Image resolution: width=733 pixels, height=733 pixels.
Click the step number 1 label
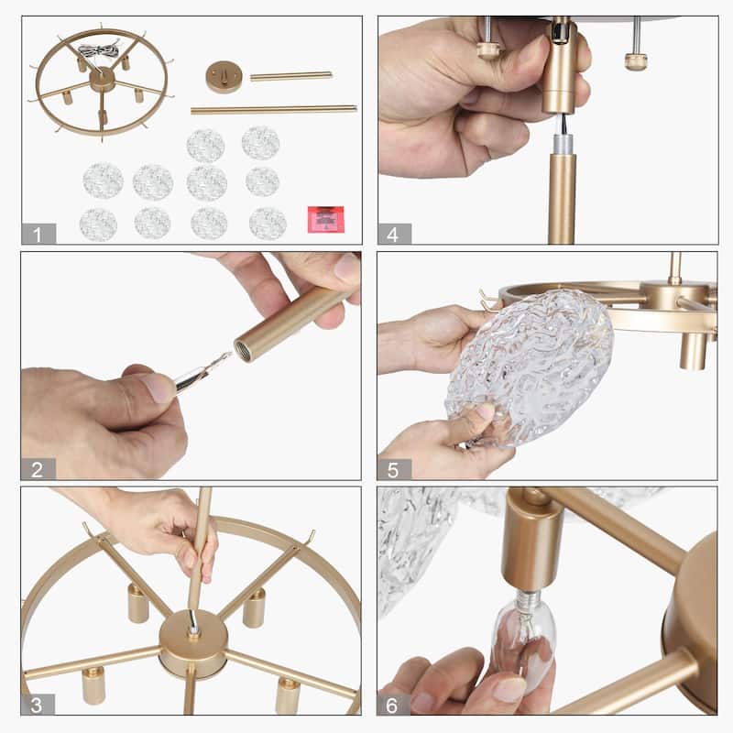pyautogui.click(x=38, y=234)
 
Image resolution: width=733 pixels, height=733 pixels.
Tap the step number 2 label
pyautogui.click(x=38, y=469)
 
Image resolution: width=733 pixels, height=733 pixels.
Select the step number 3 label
pyautogui.click(x=38, y=705)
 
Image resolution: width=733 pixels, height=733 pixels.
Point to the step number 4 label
pyautogui.click(x=394, y=234)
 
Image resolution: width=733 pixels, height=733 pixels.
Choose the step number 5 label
pyautogui.click(x=394, y=470)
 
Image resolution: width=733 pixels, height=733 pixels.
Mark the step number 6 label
pyautogui.click(x=393, y=705)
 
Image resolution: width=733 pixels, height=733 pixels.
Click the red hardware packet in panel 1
pyautogui.click(x=326, y=219)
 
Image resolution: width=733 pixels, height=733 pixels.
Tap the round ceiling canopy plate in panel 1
pyautogui.click(x=224, y=77)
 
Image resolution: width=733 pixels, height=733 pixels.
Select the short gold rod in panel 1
pyautogui.click(x=291, y=76)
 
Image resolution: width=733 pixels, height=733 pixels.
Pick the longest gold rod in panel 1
pyautogui.click(x=274, y=110)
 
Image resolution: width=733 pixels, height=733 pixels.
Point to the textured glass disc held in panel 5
pyautogui.click(x=530, y=368)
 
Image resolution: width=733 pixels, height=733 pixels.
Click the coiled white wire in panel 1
pyautogui.click(x=99, y=51)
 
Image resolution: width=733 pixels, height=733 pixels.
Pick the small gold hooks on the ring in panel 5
pyautogui.click(x=487, y=300)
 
